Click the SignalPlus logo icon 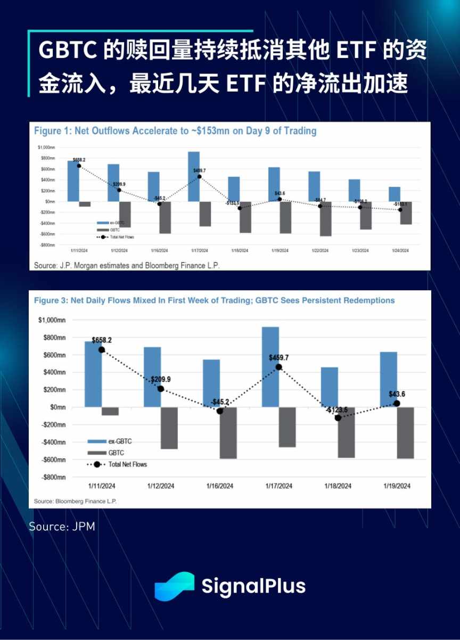174,586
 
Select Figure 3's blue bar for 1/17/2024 270,367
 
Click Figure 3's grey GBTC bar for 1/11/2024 110,411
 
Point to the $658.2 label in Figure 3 102,340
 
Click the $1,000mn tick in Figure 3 52,320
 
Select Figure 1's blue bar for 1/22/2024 314,186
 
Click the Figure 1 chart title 175,130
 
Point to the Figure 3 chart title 214,300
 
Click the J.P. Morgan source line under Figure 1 127,264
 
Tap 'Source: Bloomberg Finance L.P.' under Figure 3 75,502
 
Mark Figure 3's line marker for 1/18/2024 338,418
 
